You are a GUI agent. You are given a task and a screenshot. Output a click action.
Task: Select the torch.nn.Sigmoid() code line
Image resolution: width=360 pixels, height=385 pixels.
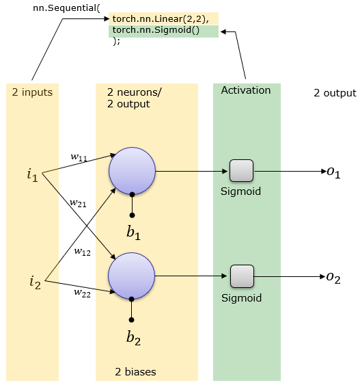pyautogui.click(x=156, y=30)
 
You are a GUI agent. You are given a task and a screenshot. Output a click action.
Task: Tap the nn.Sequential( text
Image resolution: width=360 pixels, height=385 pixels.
pyautogui.click(x=66, y=8)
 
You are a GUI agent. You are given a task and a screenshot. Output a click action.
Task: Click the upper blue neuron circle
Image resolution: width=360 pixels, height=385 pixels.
pyautogui.click(x=132, y=171)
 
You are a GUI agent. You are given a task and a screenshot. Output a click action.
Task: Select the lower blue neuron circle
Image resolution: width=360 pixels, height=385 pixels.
pyautogui.click(x=132, y=276)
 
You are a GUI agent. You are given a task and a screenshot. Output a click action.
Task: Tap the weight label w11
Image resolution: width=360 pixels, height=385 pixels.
pyautogui.click(x=79, y=157)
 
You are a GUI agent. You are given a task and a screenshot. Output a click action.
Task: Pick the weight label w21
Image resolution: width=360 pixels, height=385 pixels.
pyautogui.click(x=78, y=203)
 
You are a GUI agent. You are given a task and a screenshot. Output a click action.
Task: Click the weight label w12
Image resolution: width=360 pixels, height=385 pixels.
pyautogui.click(x=83, y=252)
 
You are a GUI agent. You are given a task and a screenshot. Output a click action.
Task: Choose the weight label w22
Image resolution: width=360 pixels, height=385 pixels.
pyautogui.click(x=83, y=293)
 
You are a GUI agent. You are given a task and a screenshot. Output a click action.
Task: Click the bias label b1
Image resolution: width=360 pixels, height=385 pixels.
pyautogui.click(x=133, y=233)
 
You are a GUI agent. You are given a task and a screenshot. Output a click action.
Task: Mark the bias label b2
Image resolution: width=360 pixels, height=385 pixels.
pyautogui.click(x=133, y=338)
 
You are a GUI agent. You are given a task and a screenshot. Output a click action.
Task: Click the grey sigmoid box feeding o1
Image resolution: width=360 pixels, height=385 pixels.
pyautogui.click(x=241, y=171)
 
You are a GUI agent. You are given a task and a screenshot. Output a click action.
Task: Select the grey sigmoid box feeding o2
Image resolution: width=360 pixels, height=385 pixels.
pyautogui.click(x=242, y=276)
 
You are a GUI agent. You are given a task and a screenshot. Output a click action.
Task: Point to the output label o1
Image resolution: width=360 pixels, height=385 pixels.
pyautogui.click(x=333, y=172)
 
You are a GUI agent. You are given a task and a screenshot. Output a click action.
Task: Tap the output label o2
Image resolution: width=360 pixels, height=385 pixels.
pyautogui.click(x=333, y=278)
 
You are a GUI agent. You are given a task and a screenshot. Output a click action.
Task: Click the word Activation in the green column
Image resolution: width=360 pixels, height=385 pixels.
pyautogui.click(x=246, y=90)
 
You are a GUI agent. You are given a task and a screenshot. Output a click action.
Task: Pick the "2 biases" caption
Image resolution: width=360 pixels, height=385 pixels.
pyautogui.click(x=136, y=372)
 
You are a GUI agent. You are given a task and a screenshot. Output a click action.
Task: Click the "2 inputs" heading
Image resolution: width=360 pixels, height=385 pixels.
pyautogui.click(x=32, y=92)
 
